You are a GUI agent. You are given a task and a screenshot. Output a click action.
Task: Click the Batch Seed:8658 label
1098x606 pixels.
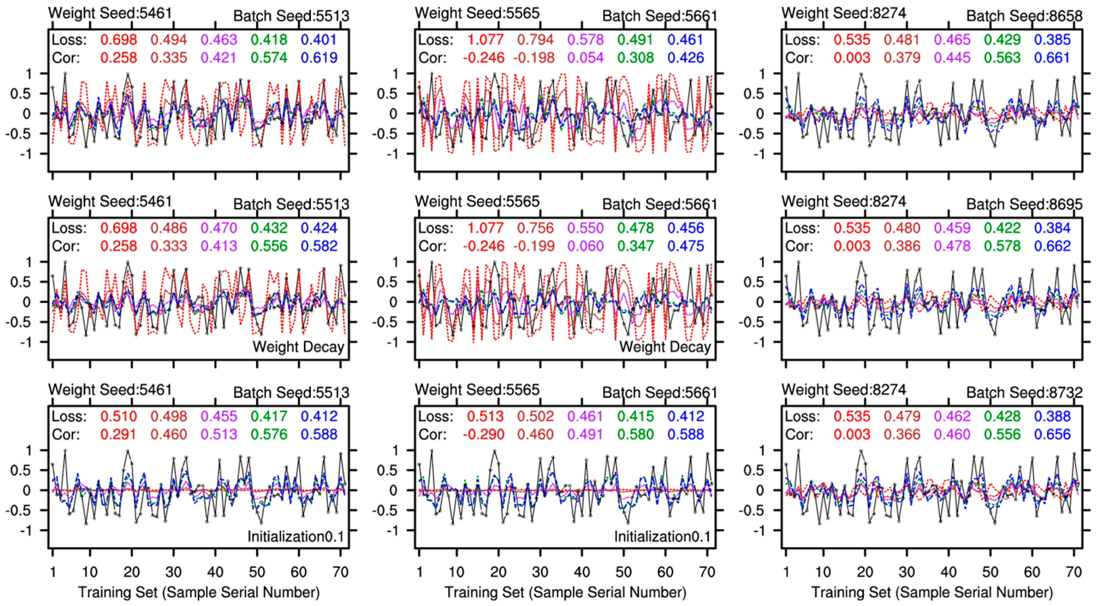tap(1024, 16)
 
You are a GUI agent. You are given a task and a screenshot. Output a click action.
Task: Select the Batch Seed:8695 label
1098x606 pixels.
tap(1024, 204)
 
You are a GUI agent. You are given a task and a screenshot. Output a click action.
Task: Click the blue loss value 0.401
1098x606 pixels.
tap(319, 40)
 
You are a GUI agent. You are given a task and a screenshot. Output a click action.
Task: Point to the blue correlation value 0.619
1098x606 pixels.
tap(319, 58)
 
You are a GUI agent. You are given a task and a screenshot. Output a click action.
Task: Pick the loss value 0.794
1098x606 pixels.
tap(535, 40)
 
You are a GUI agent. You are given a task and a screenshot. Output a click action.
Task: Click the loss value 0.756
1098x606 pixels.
tap(535, 228)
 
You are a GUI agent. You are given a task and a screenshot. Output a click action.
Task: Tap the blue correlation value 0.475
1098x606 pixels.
tap(686, 246)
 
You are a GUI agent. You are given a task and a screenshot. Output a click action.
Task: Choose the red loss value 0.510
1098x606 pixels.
tap(119, 416)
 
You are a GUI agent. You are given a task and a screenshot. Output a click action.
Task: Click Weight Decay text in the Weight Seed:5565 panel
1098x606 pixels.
tap(665, 347)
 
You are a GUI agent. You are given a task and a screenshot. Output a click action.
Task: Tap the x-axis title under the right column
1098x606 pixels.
tap(932, 592)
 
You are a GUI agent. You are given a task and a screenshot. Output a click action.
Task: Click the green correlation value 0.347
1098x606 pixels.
tap(635, 246)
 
